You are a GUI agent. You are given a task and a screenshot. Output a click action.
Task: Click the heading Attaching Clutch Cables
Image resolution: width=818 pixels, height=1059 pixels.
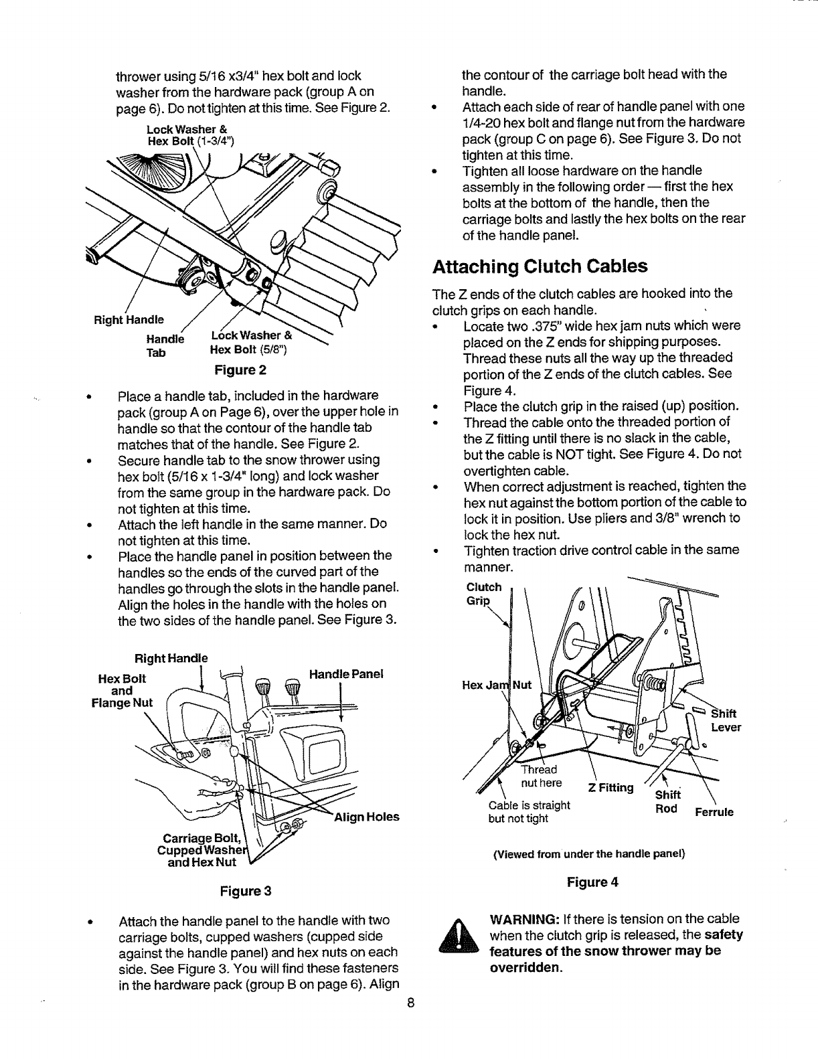(540, 266)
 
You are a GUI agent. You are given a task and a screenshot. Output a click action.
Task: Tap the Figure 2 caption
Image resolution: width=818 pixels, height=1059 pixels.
(240, 370)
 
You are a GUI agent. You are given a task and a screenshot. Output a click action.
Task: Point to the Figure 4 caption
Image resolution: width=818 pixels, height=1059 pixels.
(592, 882)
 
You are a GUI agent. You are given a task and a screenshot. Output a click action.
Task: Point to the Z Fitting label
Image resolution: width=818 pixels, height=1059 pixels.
(610, 787)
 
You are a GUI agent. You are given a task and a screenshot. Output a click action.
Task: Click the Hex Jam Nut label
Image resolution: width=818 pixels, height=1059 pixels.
(497, 685)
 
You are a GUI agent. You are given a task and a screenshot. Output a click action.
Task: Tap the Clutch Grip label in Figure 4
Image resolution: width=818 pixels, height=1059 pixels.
(483, 594)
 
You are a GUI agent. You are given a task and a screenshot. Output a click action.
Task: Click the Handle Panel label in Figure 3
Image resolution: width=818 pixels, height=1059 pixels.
(345, 674)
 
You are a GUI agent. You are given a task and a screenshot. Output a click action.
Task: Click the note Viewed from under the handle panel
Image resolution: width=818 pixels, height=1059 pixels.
(589, 853)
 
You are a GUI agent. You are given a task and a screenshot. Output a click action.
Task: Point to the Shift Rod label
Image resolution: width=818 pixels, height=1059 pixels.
(666, 801)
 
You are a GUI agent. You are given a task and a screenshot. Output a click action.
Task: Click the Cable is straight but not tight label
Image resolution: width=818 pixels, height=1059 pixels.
(529, 811)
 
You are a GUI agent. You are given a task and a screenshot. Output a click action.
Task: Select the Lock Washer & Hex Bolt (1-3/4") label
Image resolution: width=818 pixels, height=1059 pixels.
(189, 135)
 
